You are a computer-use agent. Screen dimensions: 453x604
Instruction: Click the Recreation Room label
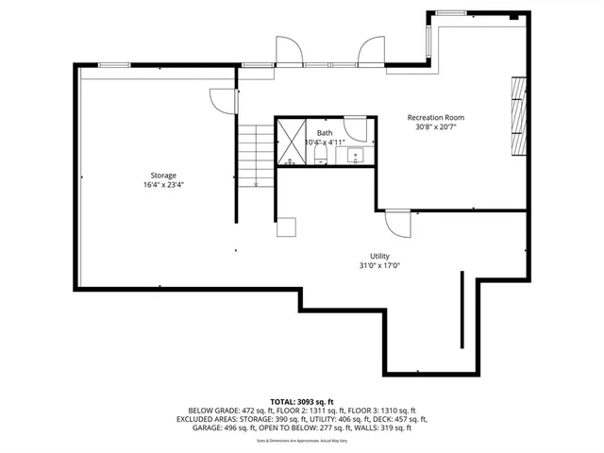click(435, 118)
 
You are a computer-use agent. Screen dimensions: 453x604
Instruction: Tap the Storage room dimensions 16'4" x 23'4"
click(163, 185)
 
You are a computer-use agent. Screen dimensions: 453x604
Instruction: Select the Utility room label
click(379, 256)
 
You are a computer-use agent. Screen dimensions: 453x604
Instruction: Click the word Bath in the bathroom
click(325, 133)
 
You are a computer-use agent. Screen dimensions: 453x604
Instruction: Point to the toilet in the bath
click(319, 154)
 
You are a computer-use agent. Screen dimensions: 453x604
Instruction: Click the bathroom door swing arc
click(355, 128)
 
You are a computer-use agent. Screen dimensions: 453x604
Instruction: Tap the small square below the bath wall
click(286, 227)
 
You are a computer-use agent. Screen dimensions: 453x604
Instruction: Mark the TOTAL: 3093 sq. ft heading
click(303, 402)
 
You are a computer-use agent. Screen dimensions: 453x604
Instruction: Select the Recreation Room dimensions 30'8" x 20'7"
click(435, 127)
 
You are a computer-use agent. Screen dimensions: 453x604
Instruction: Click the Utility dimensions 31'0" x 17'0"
click(379, 265)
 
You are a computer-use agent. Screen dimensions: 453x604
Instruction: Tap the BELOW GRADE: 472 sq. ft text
click(220, 411)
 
